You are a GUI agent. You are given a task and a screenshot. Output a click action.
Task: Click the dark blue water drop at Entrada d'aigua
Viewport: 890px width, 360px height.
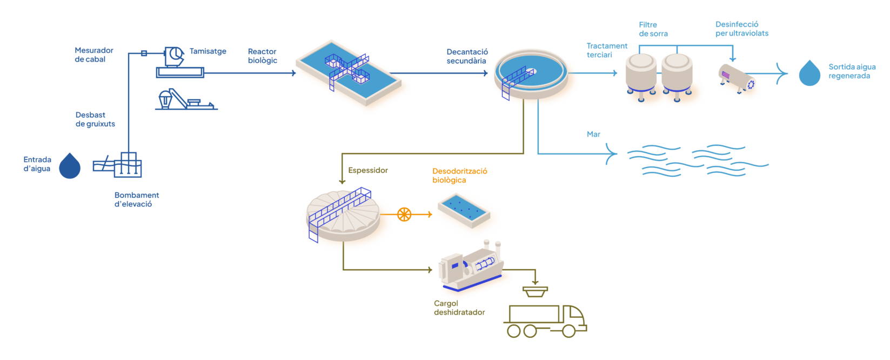pos(70,166)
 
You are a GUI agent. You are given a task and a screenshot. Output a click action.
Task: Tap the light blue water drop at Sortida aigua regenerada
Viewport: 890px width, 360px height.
pos(809,73)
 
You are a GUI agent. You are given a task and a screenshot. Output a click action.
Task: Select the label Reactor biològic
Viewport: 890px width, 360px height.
pos(263,56)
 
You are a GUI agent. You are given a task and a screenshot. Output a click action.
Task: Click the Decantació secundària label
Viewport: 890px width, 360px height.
pos(467,56)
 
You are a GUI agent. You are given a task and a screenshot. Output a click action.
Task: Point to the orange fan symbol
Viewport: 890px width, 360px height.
pos(404,215)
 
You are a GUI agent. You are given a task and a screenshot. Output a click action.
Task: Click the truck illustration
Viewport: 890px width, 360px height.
pos(546,321)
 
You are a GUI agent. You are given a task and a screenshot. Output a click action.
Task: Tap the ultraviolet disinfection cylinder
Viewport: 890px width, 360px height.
pos(738,79)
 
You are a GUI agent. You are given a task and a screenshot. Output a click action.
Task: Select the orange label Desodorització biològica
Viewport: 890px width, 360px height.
pos(460,176)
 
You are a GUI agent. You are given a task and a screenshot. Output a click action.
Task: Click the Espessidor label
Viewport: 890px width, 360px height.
pos(368,170)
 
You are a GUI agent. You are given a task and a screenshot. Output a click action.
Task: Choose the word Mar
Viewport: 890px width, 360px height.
pos(593,134)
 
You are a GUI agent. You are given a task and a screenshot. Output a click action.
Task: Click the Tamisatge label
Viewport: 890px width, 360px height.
pos(208,51)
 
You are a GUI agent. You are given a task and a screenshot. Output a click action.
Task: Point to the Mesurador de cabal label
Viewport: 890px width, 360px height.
pos(94,55)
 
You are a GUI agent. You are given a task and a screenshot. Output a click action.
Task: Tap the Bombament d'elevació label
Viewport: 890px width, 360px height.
pos(137,199)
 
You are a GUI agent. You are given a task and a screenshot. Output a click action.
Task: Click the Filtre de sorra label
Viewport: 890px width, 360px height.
pos(653,29)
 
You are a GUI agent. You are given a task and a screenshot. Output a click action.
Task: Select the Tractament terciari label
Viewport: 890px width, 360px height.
pos(607,50)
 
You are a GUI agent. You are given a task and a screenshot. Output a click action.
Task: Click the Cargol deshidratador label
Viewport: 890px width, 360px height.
pos(459,308)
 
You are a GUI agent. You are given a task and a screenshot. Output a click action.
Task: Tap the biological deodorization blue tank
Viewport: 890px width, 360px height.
pos(464,211)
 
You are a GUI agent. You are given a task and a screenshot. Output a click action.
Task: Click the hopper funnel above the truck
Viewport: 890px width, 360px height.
pos(535,291)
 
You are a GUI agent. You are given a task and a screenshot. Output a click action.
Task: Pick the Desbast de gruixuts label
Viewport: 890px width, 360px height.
pos(95,119)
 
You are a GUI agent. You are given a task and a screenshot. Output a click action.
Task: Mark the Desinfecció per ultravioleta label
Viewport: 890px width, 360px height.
pos(741,29)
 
